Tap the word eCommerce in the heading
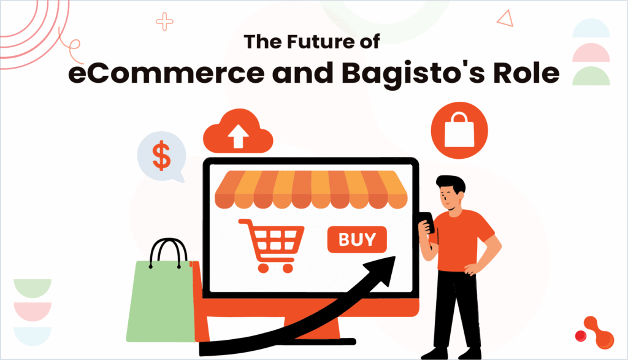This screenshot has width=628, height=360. [166, 73]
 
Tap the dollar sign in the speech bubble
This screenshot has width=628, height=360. [162, 156]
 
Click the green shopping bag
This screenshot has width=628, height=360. [162, 301]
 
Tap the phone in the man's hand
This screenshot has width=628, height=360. [427, 222]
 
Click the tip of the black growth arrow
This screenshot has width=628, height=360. [396, 257]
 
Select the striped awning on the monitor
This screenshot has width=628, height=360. [311, 190]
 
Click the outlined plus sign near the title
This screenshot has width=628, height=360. [164, 21]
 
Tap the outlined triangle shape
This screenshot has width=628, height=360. [506, 18]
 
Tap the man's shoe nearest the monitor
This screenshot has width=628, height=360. [434, 353]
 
